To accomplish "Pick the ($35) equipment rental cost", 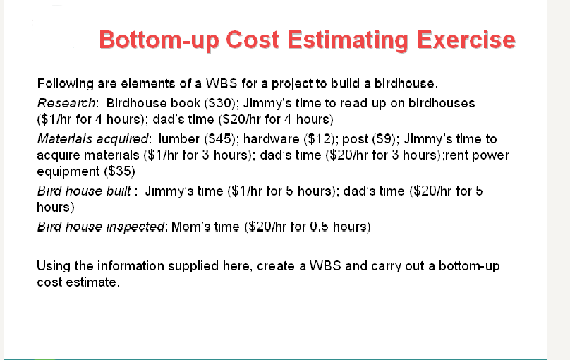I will click(121, 172).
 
